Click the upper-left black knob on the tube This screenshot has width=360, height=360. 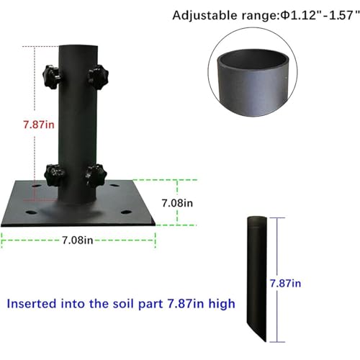click(51, 77)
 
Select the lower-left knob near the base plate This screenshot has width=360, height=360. click(55, 176)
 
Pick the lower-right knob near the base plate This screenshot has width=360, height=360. click(96, 176)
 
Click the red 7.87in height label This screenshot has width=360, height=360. click(39, 125)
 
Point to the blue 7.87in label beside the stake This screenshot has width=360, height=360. click(285, 284)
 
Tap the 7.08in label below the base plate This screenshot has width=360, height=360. click(78, 240)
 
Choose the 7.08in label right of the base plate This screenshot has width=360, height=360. click(177, 203)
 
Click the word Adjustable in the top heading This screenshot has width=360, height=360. click(204, 16)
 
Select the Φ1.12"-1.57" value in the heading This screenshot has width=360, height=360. click(320, 15)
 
